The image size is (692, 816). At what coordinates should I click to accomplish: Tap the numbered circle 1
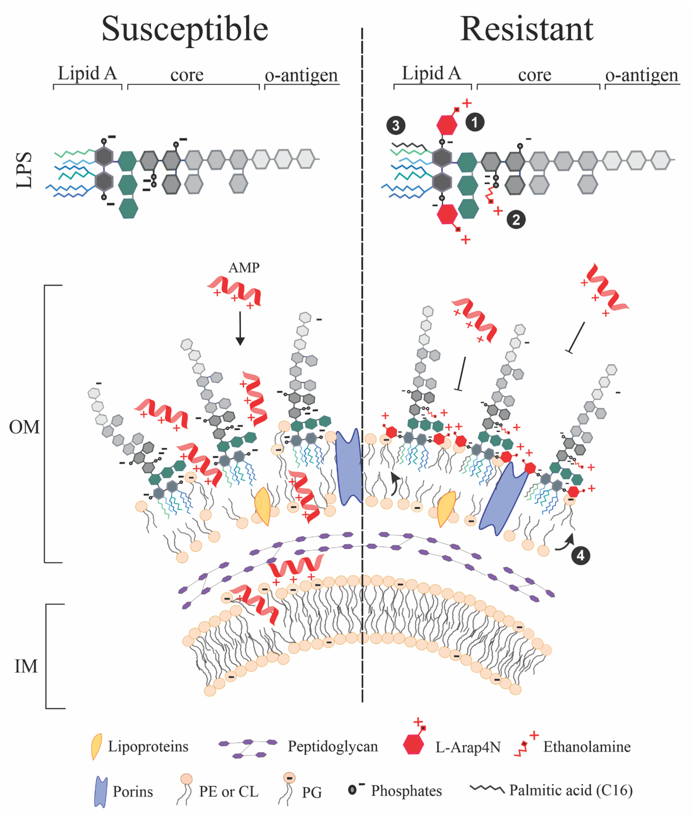pyautogui.click(x=475, y=122)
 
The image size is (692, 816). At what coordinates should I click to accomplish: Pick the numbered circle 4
pyautogui.click(x=580, y=555)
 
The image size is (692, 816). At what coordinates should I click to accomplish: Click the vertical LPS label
pyautogui.click(x=24, y=170)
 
